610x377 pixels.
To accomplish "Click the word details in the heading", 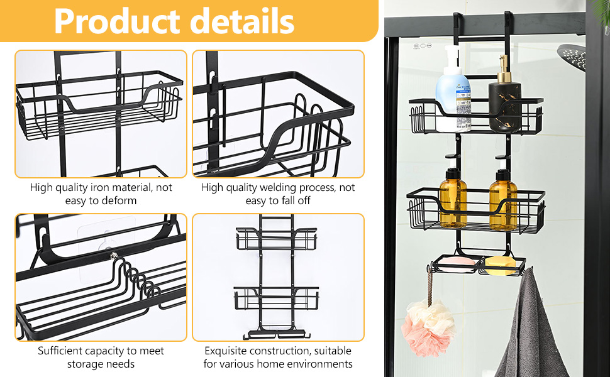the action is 244,21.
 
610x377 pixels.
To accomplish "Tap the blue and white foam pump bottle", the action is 453,89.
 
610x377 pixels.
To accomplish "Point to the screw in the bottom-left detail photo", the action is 114,255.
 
